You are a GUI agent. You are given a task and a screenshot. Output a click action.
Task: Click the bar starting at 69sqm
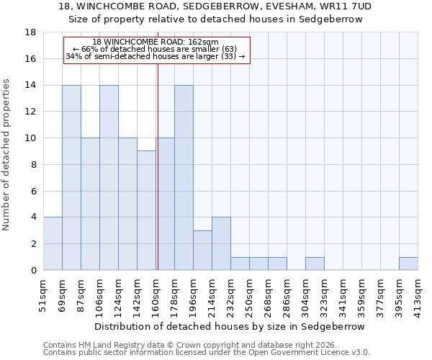pos(71,178)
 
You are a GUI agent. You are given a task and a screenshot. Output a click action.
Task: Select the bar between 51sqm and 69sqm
pos(53,244)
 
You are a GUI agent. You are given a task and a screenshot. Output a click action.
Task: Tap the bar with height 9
pos(146,210)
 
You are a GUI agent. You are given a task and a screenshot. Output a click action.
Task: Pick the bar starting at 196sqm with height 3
pos(202,251)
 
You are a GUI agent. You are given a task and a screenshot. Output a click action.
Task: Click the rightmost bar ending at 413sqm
pos(408,264)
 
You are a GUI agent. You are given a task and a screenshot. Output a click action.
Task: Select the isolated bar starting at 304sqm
pos(315,264)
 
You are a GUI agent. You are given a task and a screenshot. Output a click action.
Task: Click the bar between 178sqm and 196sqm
pos(184,178)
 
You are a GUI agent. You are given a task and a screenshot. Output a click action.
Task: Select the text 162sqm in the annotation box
pos(204,42)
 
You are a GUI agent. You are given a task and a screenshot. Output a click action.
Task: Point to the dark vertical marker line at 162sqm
pos(158,166)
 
